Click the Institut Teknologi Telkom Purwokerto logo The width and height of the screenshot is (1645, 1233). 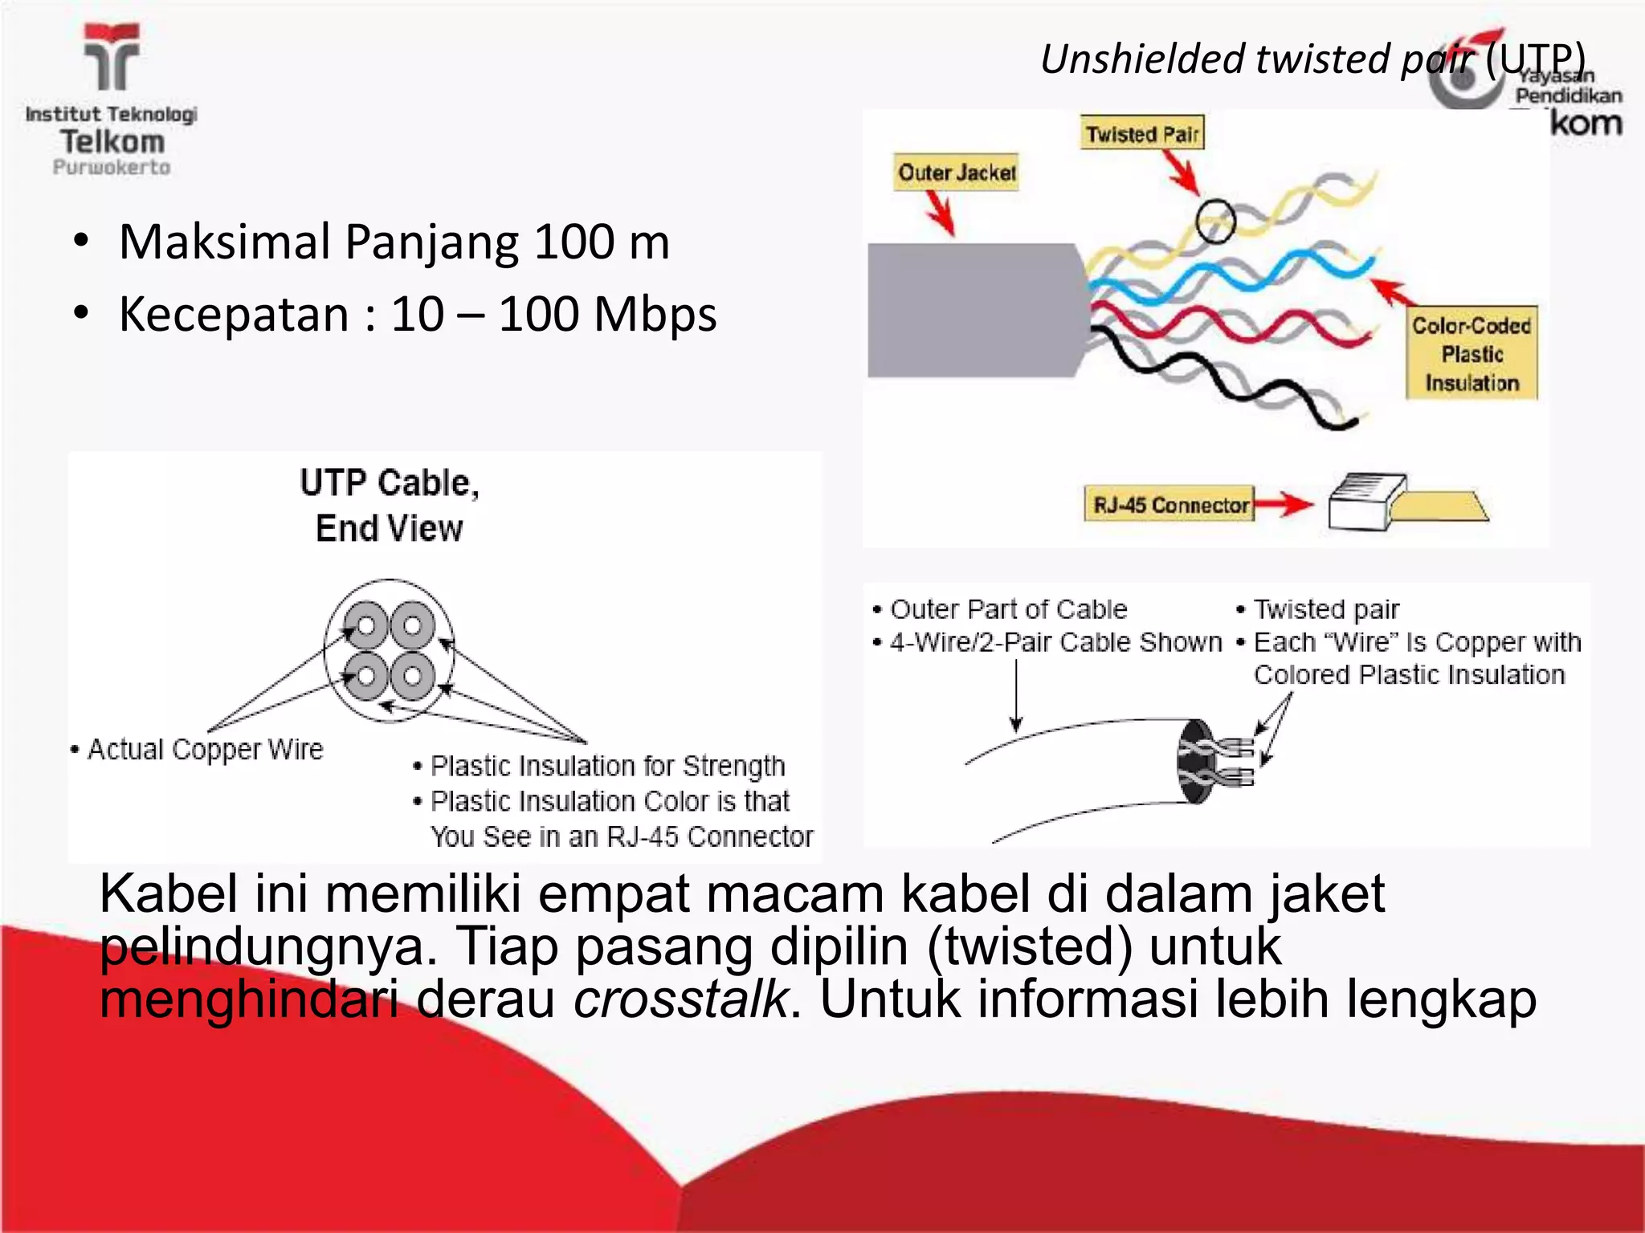(x=112, y=100)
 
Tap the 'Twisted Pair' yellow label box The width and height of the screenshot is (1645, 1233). (x=1141, y=134)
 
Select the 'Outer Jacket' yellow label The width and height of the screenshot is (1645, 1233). (x=957, y=173)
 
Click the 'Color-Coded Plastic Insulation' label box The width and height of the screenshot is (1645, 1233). (x=1472, y=354)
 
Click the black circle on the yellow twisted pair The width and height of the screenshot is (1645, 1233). (x=1214, y=221)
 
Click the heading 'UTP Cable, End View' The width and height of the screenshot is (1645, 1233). (x=390, y=506)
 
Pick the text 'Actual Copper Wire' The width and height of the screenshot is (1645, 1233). (x=205, y=749)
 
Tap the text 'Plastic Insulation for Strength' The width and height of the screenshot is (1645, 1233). (x=607, y=766)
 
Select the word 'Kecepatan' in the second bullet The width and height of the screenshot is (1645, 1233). (x=233, y=314)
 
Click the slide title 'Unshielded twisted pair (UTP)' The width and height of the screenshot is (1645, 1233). (x=1312, y=59)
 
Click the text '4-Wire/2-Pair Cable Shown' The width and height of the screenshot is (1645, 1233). (x=1055, y=642)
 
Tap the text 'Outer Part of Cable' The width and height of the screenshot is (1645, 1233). (x=1009, y=609)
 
